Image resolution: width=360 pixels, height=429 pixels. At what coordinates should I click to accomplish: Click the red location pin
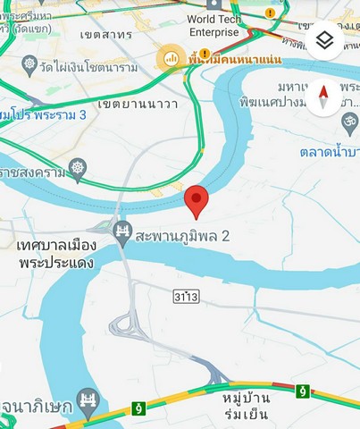pyautogui.click(x=197, y=201)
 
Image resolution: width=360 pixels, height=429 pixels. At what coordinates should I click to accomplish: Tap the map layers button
pyautogui.click(x=324, y=41)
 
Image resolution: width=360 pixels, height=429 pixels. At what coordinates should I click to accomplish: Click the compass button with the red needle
pyautogui.click(x=323, y=97)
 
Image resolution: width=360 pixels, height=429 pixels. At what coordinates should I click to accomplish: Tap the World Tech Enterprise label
pyautogui.click(x=213, y=25)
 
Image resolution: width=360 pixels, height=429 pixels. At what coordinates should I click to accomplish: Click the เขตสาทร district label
pyautogui.click(x=106, y=35)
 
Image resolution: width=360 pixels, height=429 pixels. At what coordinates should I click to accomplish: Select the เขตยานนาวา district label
pyautogui.click(x=138, y=104)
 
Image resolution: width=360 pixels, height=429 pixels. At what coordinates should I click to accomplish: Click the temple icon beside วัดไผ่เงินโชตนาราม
pyautogui.click(x=29, y=66)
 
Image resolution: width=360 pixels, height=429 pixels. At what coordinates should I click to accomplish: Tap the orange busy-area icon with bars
pyautogui.click(x=167, y=59)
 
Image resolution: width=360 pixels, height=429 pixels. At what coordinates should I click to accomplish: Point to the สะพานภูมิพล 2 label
pyautogui.click(x=183, y=236)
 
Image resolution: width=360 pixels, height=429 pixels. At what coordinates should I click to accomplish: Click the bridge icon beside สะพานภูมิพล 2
pyautogui.click(x=122, y=235)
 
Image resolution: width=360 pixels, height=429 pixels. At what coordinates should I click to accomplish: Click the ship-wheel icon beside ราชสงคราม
pyautogui.click(x=78, y=166)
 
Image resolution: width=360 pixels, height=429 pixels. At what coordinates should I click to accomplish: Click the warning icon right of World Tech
pyautogui.click(x=271, y=13)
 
